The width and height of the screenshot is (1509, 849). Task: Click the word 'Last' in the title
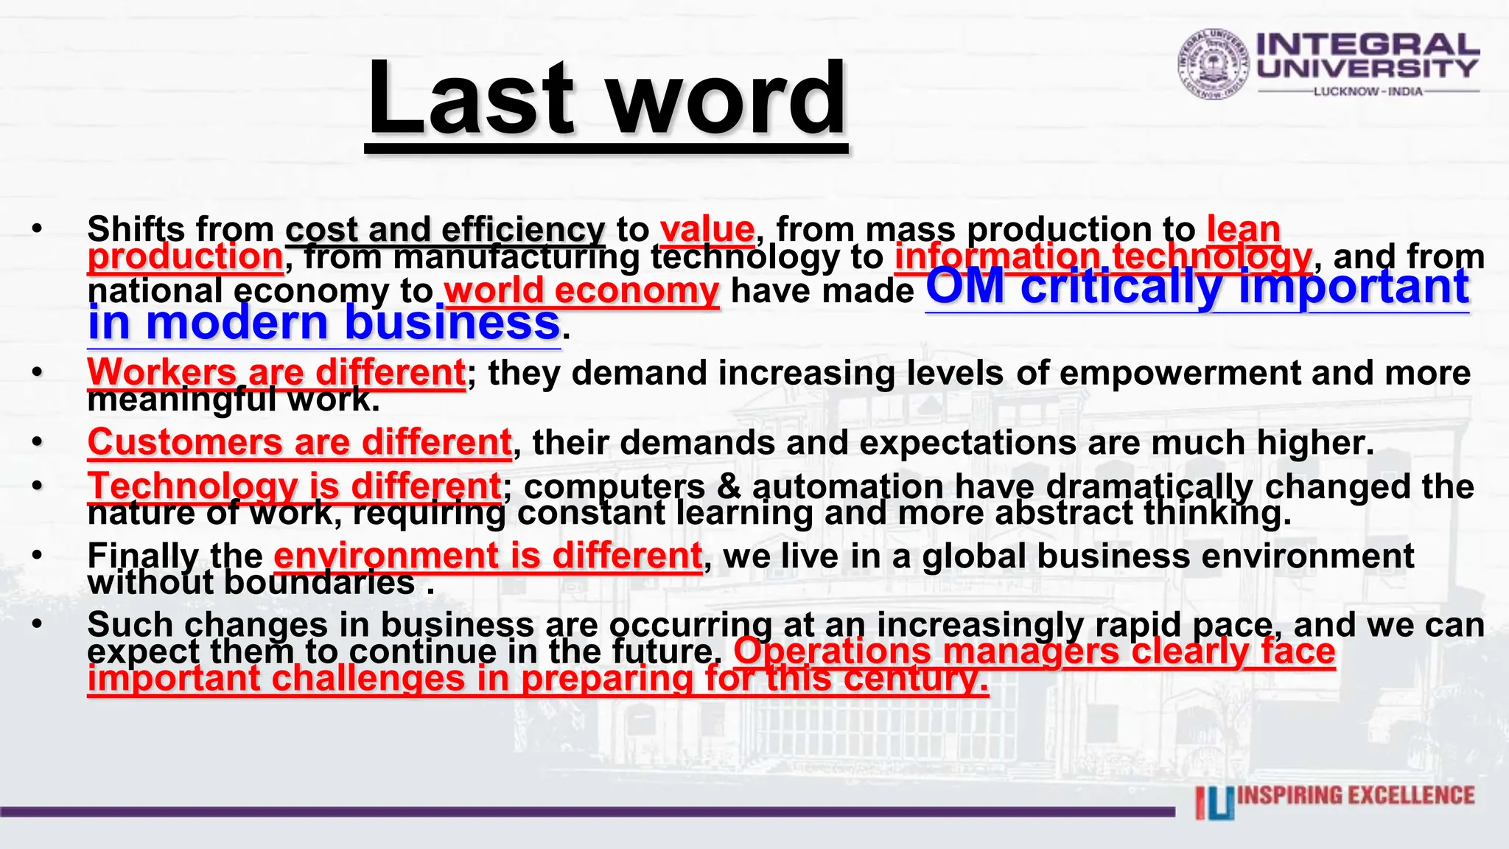click(x=470, y=99)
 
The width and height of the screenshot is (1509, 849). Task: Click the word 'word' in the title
click(x=728, y=99)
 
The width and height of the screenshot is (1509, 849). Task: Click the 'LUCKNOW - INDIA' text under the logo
click(x=1368, y=92)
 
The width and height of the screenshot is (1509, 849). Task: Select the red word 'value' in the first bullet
click(x=707, y=230)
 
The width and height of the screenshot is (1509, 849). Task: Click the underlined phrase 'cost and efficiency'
click(x=445, y=230)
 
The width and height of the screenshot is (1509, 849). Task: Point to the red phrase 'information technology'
click(x=1103, y=257)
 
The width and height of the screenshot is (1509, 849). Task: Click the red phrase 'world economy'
click(x=581, y=290)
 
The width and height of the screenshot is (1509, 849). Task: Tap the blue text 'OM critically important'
click(x=1197, y=287)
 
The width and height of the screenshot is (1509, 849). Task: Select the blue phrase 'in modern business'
click(x=323, y=324)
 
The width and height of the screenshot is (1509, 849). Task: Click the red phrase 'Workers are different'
click(x=276, y=372)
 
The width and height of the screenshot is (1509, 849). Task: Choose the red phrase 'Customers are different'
click(x=299, y=443)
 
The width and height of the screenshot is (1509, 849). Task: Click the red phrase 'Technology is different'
click(x=295, y=486)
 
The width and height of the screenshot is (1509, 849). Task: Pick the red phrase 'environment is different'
click(x=488, y=556)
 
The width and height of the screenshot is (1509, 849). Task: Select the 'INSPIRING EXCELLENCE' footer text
click(x=1356, y=796)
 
